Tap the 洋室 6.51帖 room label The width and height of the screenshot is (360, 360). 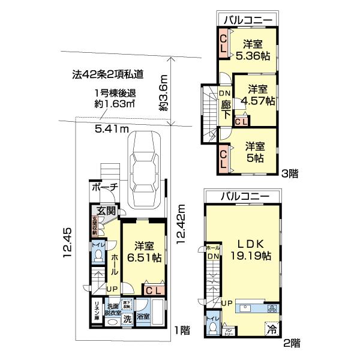pyautogui.click(x=143, y=251)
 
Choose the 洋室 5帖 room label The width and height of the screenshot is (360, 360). pyautogui.click(x=255, y=151)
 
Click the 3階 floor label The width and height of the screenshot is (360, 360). pyautogui.click(x=291, y=175)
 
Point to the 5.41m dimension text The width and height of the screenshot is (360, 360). pyautogui.click(x=112, y=128)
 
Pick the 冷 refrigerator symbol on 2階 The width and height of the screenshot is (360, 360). pyautogui.click(x=272, y=329)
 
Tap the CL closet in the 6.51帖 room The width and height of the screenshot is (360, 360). pyautogui.click(x=153, y=290)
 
